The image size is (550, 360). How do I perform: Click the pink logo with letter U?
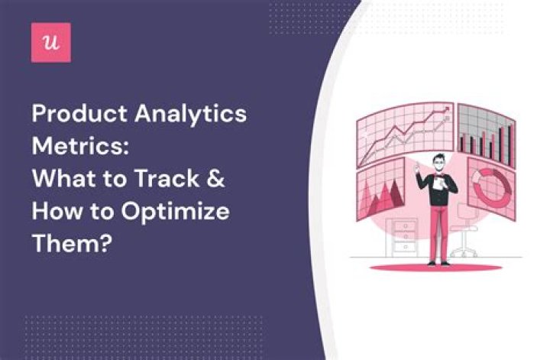pos(51,42)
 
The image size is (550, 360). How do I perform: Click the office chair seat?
pos(467,227)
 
